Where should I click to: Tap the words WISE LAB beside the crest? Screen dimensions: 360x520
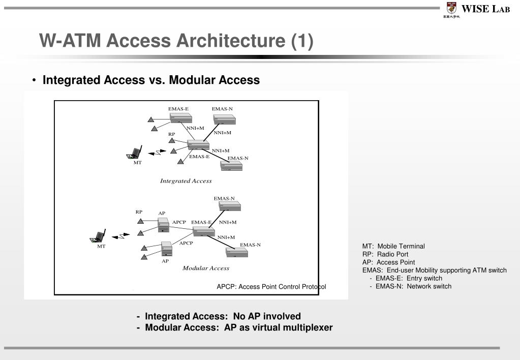[485, 9]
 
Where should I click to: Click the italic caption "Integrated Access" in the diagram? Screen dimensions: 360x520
[186, 181]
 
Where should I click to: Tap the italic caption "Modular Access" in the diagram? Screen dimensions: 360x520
[206, 268]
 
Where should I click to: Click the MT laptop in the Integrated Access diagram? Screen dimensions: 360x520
[135, 153]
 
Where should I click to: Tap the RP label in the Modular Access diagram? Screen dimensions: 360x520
[139, 212]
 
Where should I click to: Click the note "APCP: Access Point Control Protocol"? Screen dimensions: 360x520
[271, 287]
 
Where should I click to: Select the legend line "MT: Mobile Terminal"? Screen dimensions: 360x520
[393, 246]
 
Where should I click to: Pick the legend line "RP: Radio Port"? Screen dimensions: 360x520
[385, 254]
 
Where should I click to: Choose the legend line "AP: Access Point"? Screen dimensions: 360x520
[388, 262]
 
